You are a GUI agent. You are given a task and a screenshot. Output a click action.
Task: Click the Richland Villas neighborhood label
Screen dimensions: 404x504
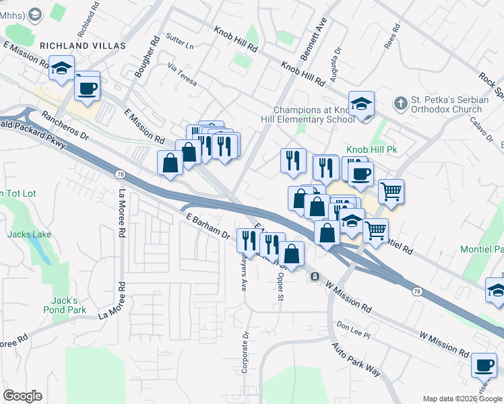tap(83, 45)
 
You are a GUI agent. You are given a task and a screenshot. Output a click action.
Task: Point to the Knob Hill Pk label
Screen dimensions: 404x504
tap(371, 149)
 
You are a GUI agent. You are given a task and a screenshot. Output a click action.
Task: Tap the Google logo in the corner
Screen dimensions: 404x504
tap(22, 396)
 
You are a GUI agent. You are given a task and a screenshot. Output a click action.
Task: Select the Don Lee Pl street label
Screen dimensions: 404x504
tap(354, 327)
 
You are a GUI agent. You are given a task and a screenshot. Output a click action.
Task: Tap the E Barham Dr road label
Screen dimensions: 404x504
tap(208, 224)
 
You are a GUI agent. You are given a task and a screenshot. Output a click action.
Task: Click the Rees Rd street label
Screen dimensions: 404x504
tap(391, 37)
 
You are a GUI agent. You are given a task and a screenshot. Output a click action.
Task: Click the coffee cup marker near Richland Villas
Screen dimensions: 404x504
tap(87, 88)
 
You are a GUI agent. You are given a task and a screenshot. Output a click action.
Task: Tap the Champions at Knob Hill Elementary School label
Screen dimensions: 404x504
tap(314, 115)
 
